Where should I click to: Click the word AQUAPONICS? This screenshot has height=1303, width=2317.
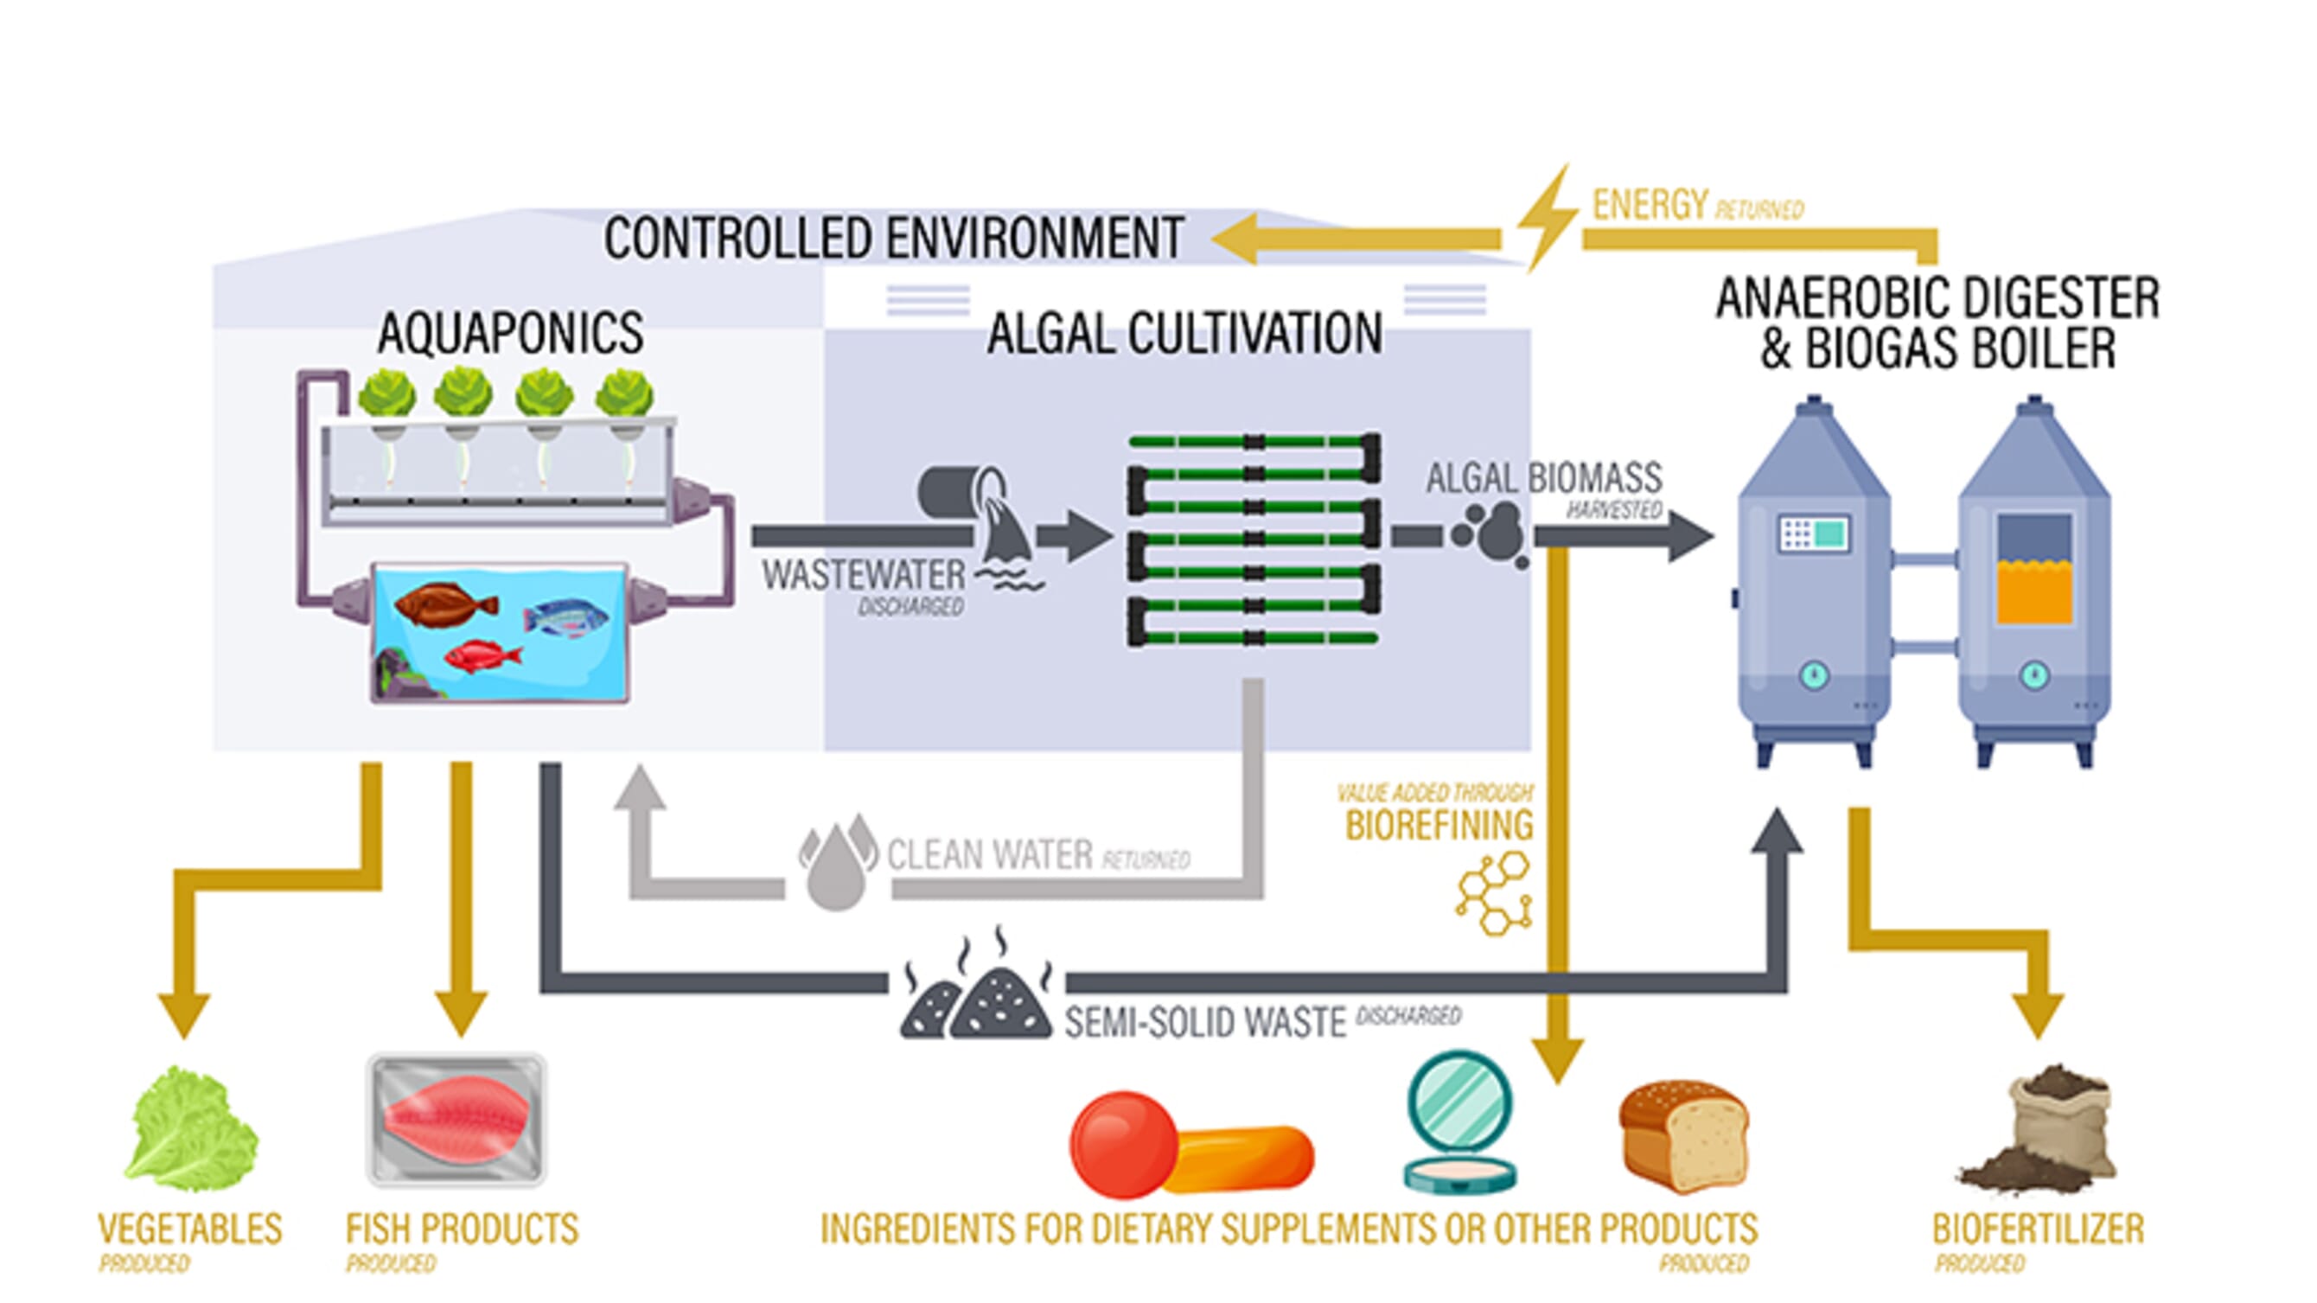[510, 334]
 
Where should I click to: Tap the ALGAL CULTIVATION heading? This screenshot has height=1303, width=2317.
[1184, 334]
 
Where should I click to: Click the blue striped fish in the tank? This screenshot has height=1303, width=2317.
[565, 619]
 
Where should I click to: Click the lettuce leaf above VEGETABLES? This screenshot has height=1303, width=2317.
[191, 1128]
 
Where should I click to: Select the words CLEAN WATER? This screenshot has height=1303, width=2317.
[989, 854]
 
